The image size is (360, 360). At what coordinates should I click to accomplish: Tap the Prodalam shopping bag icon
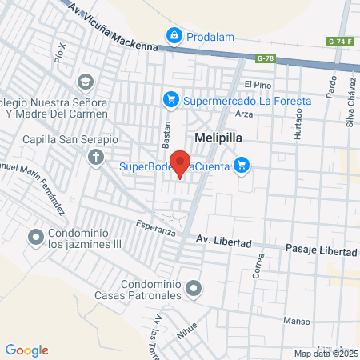point(173,36)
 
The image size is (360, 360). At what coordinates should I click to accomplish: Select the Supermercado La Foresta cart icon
point(170,100)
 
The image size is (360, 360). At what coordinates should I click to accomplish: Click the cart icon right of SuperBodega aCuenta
point(242,166)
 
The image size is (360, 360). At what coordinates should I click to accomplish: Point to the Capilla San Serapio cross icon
point(95,156)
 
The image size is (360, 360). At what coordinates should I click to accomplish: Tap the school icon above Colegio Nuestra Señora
point(85,82)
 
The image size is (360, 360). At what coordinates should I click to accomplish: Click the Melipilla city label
point(218,137)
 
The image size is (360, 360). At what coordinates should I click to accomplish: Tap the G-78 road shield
point(265,58)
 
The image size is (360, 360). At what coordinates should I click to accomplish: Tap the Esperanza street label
point(155,230)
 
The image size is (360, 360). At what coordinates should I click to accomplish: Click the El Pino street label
point(258,84)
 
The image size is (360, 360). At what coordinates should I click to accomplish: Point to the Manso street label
point(297,322)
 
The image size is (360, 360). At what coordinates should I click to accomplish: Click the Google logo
point(26,350)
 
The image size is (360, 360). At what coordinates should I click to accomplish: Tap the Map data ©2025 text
point(325,354)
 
